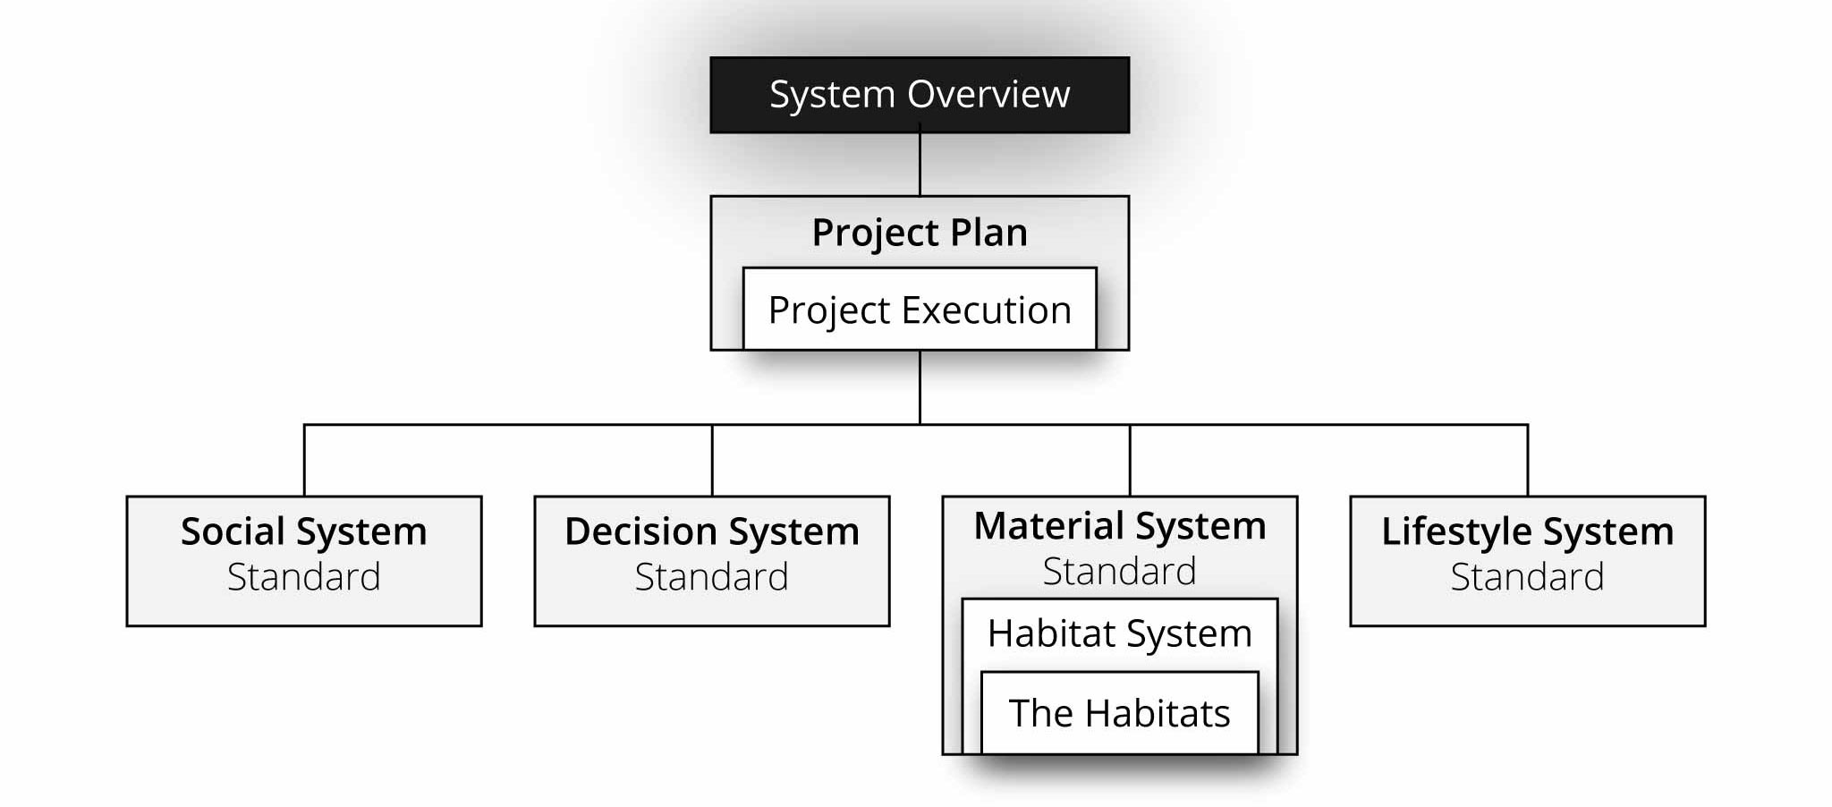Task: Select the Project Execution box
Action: click(x=920, y=310)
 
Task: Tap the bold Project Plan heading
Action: click(x=920, y=233)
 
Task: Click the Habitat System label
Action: click(x=1119, y=633)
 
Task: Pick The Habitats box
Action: click(x=1119, y=713)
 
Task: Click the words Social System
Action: click(x=304, y=531)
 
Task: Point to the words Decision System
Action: click(x=712, y=531)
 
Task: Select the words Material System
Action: click(x=1119, y=526)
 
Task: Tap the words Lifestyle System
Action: click(x=1527, y=531)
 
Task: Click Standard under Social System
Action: click(x=304, y=577)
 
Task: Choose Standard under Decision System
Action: click(x=712, y=577)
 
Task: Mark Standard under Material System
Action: click(x=1119, y=572)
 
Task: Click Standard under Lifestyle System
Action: click(x=1527, y=577)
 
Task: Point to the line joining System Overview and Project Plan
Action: click(x=920, y=165)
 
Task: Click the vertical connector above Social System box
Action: click(x=304, y=461)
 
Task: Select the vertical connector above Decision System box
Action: click(x=712, y=461)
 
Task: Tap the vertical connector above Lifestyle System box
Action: click(x=1527, y=461)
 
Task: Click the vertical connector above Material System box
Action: click(x=1130, y=461)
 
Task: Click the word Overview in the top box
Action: click(x=988, y=94)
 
